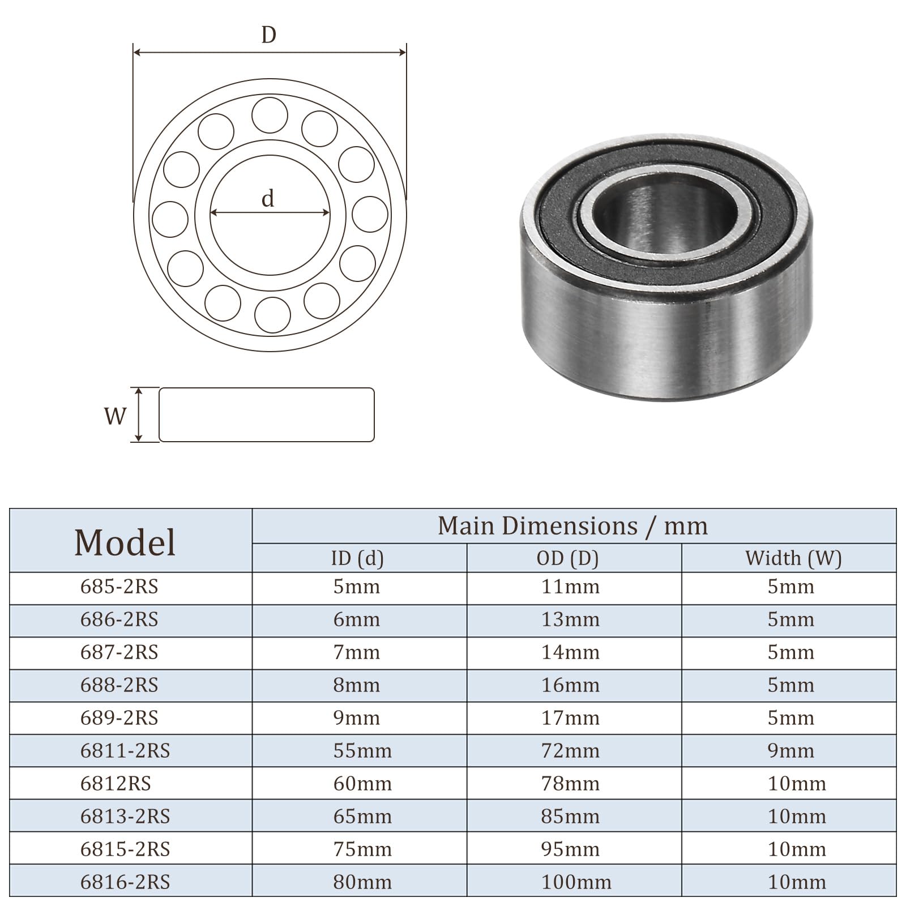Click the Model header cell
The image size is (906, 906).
[x=125, y=542]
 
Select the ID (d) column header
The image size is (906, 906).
[x=357, y=558]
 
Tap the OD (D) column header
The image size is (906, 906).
[x=568, y=558]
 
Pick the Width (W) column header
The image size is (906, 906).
[x=793, y=558]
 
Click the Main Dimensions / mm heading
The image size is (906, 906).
[x=572, y=526]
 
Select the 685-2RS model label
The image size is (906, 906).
[x=119, y=587]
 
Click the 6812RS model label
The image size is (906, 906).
[x=116, y=784]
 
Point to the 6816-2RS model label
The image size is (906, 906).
[x=125, y=882]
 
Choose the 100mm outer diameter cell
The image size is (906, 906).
[x=576, y=882]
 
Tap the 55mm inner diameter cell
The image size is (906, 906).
[x=362, y=751]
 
